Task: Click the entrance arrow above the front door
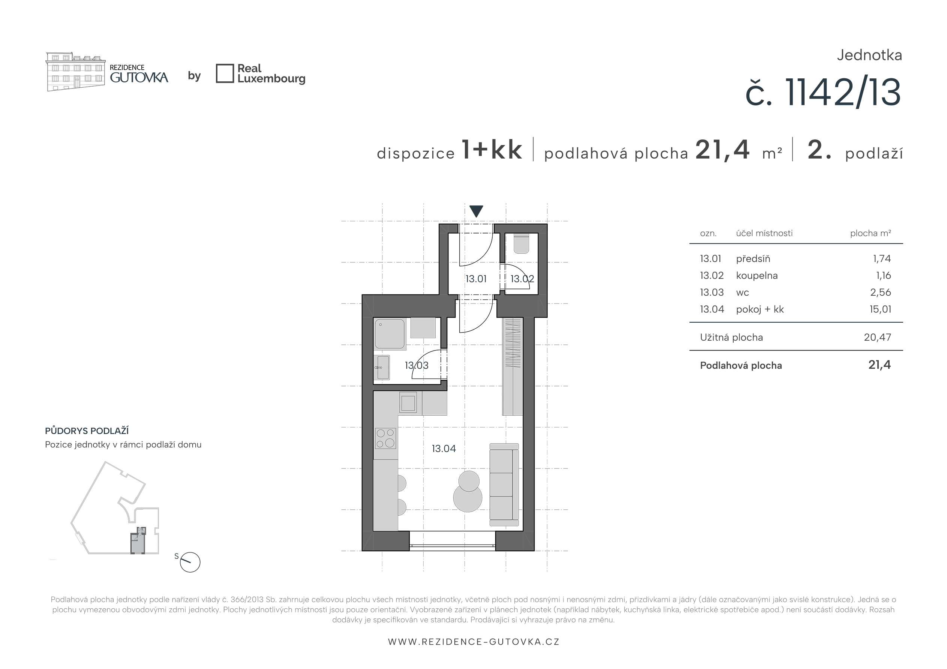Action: (476, 210)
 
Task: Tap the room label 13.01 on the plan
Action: (476, 279)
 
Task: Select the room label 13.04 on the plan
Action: (444, 448)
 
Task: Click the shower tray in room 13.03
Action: (390, 334)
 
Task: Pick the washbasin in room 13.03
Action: (382, 367)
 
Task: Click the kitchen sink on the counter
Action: (408, 403)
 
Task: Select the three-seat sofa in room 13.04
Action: (504, 485)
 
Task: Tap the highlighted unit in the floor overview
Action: (138, 540)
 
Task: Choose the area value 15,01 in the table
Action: (880, 309)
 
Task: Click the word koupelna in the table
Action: (757, 275)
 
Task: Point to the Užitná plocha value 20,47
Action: (878, 337)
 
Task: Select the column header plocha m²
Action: (871, 233)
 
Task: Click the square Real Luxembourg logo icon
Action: (225, 73)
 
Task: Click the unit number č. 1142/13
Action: (823, 93)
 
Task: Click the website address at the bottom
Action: (473, 642)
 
